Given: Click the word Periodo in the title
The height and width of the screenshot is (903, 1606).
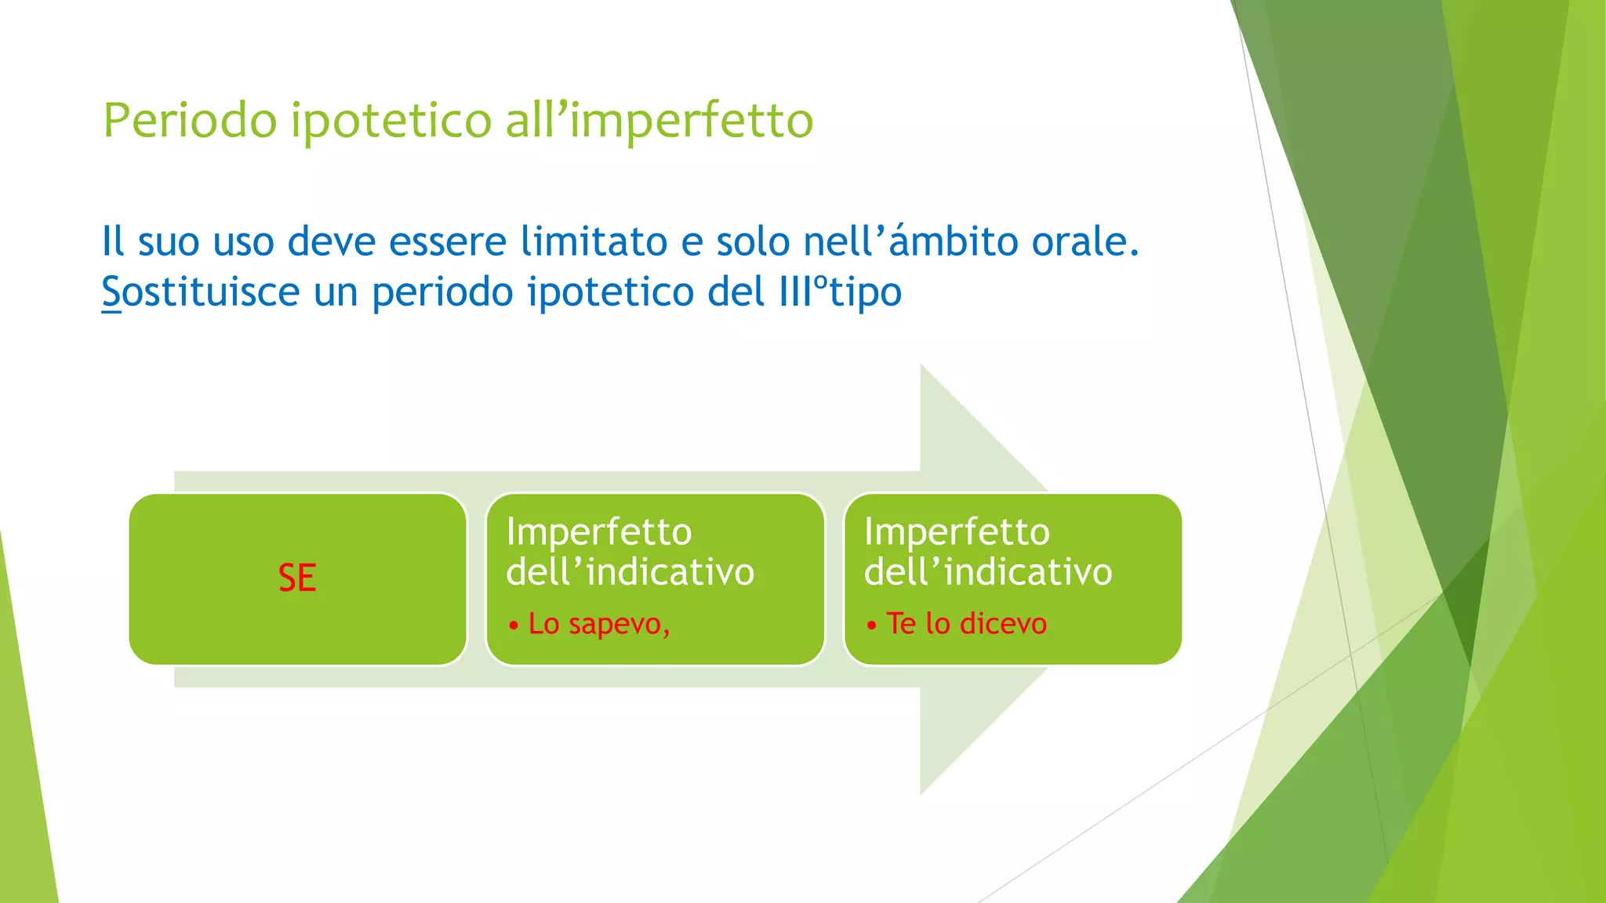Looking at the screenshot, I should coord(190,121).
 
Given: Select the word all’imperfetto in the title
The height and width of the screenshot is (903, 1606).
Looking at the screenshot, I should coord(659,121).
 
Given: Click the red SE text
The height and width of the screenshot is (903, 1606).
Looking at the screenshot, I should coord(297,578).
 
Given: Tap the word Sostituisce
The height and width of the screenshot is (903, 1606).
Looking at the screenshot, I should coord(201,292).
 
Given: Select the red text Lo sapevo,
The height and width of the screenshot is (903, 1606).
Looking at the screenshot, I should coord(599,624).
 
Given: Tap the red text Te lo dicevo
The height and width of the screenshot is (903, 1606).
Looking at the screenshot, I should coord(966,624).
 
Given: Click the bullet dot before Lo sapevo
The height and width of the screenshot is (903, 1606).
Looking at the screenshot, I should coord(514,626).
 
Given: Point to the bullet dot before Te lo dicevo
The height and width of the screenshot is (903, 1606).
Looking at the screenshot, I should coord(871,626).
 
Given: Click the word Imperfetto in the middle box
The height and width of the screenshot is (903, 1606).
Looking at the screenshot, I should coord(599,531).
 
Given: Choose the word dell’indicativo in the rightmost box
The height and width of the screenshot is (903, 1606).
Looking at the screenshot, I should coord(988,571).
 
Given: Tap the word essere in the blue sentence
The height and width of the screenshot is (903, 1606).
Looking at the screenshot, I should coord(447,241).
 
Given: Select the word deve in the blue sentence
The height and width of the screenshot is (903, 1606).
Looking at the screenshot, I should coord(332,241).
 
